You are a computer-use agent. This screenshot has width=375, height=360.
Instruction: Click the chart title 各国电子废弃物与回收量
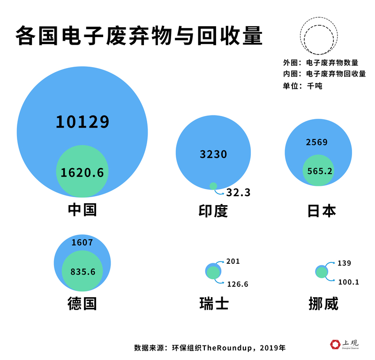pyautogui.click(x=139, y=36)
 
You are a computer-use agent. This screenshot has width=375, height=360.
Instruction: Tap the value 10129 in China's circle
pyautogui.click(x=82, y=122)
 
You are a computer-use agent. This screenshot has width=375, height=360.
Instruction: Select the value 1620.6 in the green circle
pyautogui.click(x=82, y=173)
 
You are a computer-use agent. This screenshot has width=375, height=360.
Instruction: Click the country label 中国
pyautogui.click(x=82, y=209)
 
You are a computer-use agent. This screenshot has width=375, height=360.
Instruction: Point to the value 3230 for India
pyautogui.click(x=213, y=154)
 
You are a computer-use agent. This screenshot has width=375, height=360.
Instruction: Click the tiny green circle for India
pyautogui.click(x=213, y=186)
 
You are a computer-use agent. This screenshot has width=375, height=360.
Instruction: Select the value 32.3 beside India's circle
pyautogui.click(x=239, y=192)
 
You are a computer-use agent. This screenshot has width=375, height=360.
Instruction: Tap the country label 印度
pyautogui.click(x=213, y=210)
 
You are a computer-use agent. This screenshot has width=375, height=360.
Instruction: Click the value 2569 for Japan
pyautogui.click(x=317, y=142)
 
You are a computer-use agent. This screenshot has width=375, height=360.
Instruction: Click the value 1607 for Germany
pyautogui.click(x=82, y=243)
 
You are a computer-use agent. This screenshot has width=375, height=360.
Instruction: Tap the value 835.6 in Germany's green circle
pyautogui.click(x=83, y=272)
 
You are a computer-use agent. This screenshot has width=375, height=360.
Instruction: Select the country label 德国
pyautogui.click(x=82, y=303)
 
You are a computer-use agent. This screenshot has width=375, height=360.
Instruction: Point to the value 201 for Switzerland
pyautogui.click(x=232, y=261)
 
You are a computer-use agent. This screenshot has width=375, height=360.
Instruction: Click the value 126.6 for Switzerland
pyautogui.click(x=237, y=284)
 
